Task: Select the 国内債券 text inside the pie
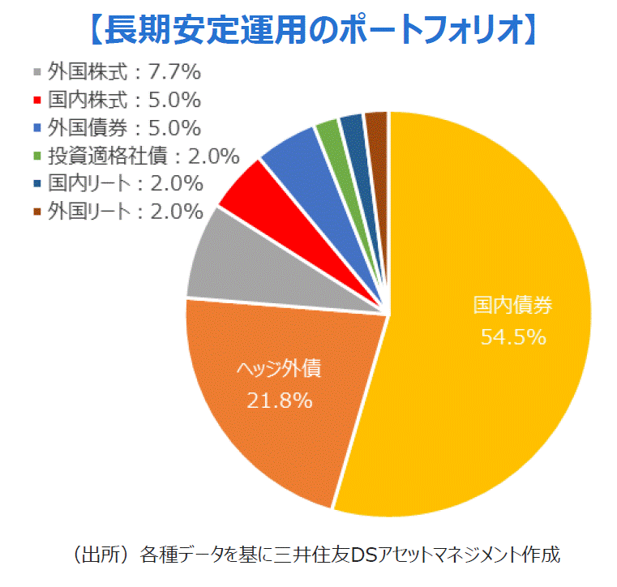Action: coord(513,306)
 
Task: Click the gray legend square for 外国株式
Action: coord(36,72)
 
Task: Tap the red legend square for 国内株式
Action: coord(36,100)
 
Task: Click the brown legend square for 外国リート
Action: coord(36,212)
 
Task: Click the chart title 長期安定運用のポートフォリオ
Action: coord(309,29)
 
